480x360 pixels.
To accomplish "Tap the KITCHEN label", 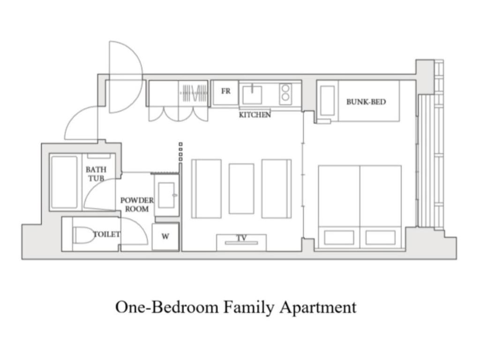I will click(x=255, y=115).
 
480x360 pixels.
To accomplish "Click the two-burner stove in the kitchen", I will click(x=285, y=94).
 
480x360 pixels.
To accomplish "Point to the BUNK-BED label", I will click(x=366, y=101).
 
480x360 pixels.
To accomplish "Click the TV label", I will click(x=241, y=238).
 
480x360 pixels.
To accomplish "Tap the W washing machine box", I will click(x=165, y=237).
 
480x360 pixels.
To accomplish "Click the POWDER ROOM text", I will click(x=137, y=204).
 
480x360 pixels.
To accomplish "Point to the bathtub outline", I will click(x=64, y=182).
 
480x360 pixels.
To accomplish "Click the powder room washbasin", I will click(x=166, y=195).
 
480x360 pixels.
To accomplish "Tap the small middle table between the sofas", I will click(x=241, y=188).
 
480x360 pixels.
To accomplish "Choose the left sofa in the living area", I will click(x=206, y=188).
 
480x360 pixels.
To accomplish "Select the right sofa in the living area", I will click(x=276, y=188).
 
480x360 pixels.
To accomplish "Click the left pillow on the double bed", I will click(x=339, y=237).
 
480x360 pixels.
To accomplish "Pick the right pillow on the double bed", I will click(x=380, y=237).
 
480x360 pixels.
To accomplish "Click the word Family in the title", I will click(x=249, y=307).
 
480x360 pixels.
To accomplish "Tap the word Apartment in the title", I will click(x=318, y=308).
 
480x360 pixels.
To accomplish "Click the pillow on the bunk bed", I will click(x=327, y=100).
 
